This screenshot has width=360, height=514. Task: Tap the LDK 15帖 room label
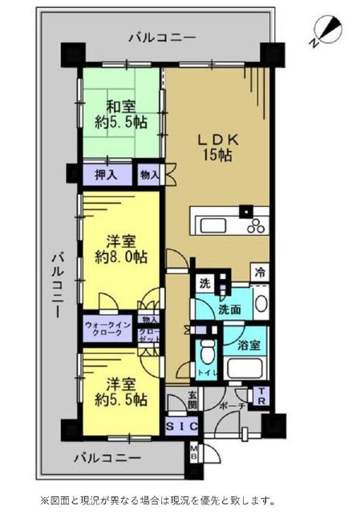pyautogui.click(x=218, y=148)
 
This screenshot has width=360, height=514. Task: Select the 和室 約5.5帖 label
pyautogui.click(x=121, y=115)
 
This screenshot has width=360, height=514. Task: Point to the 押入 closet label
pyautogui.click(x=106, y=176)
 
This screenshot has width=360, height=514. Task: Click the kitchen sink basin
pyautogui.click(x=213, y=225)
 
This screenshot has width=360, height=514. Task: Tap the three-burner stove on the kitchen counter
pyautogui.click(x=257, y=225)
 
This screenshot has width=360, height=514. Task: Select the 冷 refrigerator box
pyautogui.click(x=260, y=273)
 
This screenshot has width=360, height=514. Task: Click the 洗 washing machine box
pyautogui.click(x=205, y=284)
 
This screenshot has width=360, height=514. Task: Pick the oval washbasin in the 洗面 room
pyautogui.click(x=261, y=304)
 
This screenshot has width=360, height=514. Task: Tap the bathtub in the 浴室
pyautogui.click(x=246, y=368)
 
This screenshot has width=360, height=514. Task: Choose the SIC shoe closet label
pyautogui.click(x=182, y=427)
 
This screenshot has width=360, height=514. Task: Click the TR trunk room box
pyautogui.click(x=261, y=396)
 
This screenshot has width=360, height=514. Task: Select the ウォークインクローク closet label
pyautogui.click(x=108, y=329)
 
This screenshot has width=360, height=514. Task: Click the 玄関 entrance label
pyautogui.click(x=192, y=401)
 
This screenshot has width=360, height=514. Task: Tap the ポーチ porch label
pyautogui.click(x=233, y=407)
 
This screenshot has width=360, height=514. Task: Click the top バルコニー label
pyautogui.click(x=162, y=38)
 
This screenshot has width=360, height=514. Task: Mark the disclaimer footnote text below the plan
pyautogui.click(x=157, y=501)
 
